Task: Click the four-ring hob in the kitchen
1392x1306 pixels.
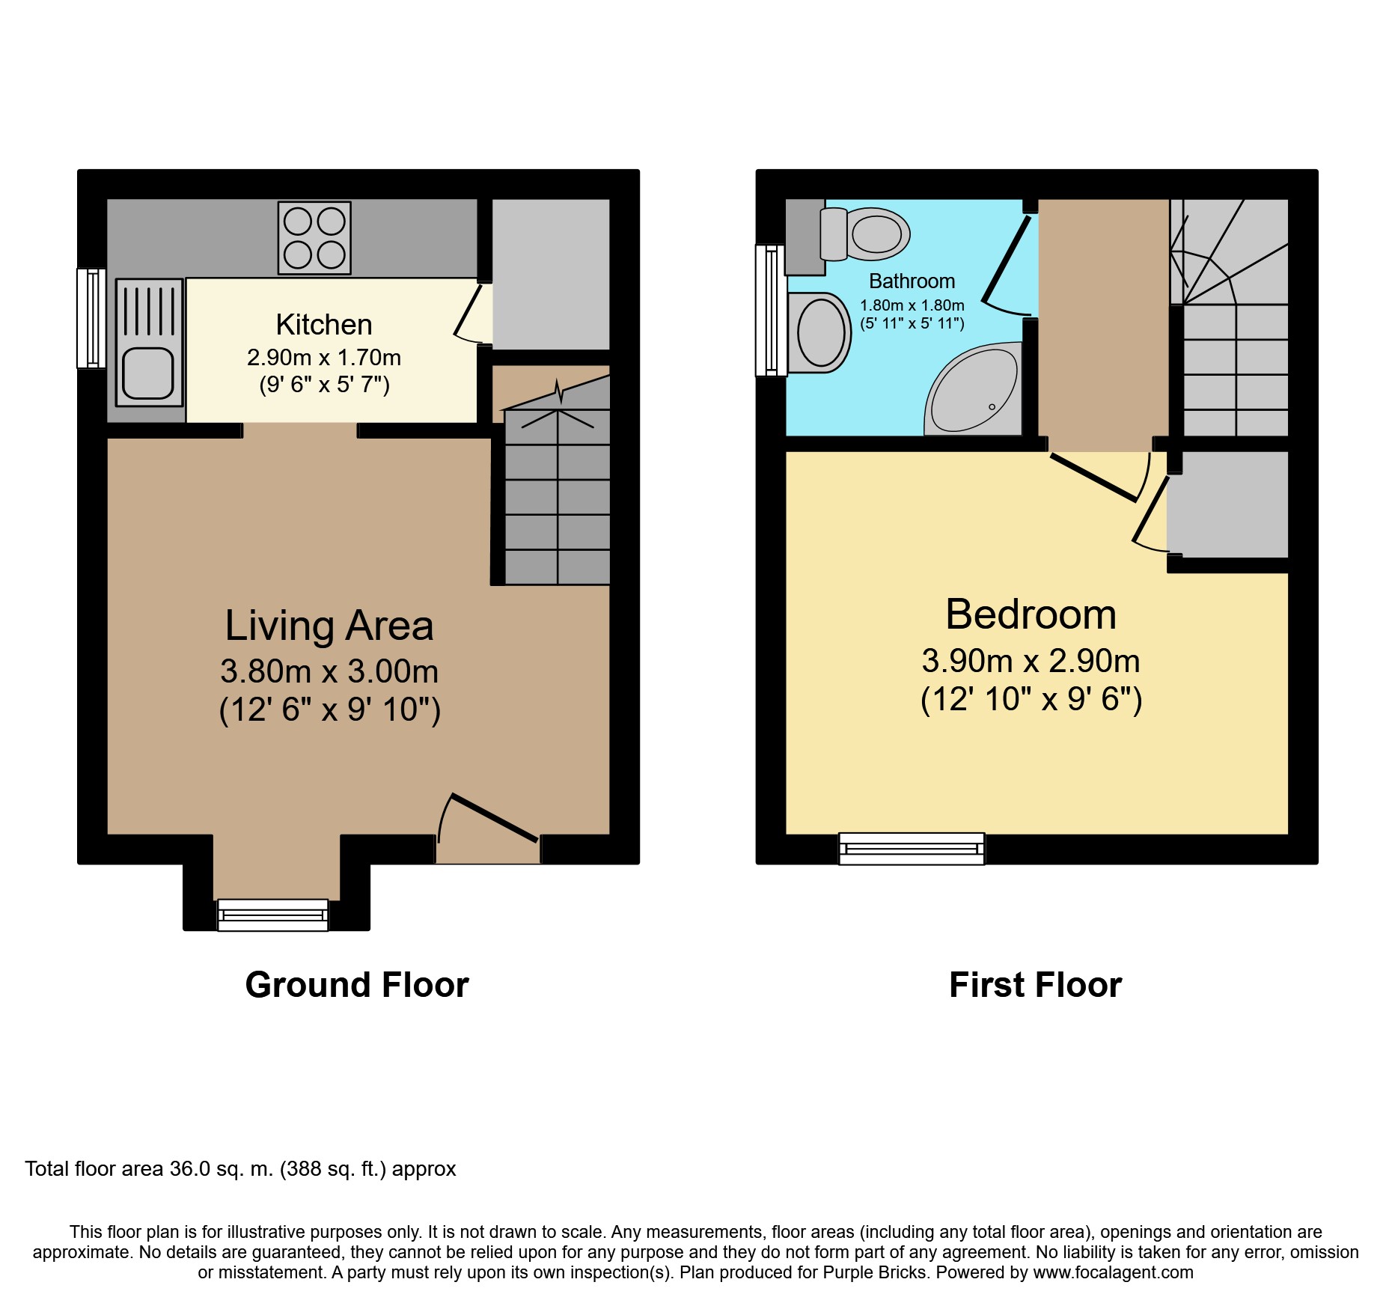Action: coord(314,238)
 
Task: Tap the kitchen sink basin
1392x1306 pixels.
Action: coord(148,373)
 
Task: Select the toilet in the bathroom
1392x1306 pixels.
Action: coord(865,234)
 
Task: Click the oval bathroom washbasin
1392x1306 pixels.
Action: coord(820,332)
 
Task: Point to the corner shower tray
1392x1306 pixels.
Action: coord(974,388)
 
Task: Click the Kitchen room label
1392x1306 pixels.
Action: coord(324,325)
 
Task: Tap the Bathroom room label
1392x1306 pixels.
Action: coord(912,281)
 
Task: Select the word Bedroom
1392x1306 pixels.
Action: coord(1031,614)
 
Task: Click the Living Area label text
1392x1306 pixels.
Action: coord(329,626)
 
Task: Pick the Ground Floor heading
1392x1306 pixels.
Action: coord(357,985)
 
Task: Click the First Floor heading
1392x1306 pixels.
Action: coord(1035,985)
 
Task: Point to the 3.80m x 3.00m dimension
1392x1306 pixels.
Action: coord(329,671)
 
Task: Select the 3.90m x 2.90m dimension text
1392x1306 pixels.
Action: coord(1031,661)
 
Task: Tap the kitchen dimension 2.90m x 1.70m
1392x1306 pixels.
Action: coord(324,358)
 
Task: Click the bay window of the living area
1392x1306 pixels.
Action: coord(273,915)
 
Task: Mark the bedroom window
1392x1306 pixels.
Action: coord(912,849)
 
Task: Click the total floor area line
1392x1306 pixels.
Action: coord(240,1169)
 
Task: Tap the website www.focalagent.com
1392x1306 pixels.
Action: coord(1113,1272)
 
